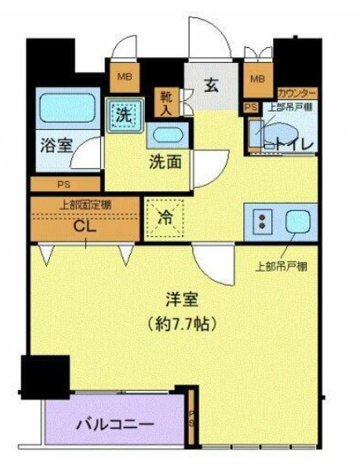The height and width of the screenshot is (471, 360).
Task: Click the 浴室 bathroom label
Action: pos(55,144)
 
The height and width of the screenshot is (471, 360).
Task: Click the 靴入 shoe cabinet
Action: pos(166,103)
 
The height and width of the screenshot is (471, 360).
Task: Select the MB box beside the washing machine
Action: pos(125,79)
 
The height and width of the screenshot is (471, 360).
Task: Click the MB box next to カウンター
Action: pos(257,79)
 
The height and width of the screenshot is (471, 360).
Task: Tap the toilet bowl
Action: pos(281,132)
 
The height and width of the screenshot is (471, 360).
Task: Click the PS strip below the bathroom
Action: pos(64,185)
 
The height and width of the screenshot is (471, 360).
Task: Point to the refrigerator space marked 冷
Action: pos(166,219)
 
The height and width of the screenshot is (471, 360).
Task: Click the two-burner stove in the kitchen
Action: pos(262,221)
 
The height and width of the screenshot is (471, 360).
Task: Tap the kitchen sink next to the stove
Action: pos(296,221)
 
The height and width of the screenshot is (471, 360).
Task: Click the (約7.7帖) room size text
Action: pos(178,324)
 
